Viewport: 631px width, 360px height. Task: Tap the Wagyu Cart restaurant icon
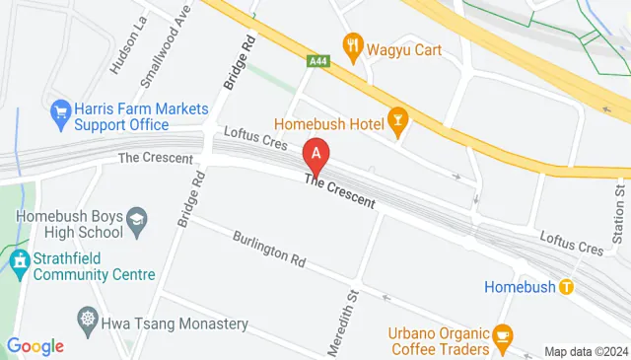coord(351,44)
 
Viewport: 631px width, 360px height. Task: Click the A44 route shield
coord(317,61)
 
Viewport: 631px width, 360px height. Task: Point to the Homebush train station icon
coord(566,287)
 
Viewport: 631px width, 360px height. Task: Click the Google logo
coord(35,346)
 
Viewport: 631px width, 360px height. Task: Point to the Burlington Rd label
coord(269,251)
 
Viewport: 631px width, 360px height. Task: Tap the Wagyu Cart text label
coord(404,45)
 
